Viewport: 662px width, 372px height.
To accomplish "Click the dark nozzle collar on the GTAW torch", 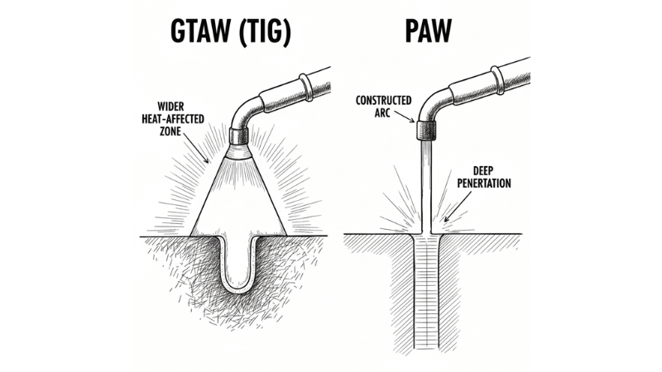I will pos(240,136).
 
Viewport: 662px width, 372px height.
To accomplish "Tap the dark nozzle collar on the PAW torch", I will pos(426,130).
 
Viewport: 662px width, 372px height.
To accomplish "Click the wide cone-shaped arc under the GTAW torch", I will pos(239,198).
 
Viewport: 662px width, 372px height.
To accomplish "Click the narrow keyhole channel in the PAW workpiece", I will pos(426,289).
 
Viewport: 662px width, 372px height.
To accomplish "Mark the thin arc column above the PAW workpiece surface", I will pos(426,186).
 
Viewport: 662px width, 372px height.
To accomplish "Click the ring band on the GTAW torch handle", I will pos(307,85).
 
